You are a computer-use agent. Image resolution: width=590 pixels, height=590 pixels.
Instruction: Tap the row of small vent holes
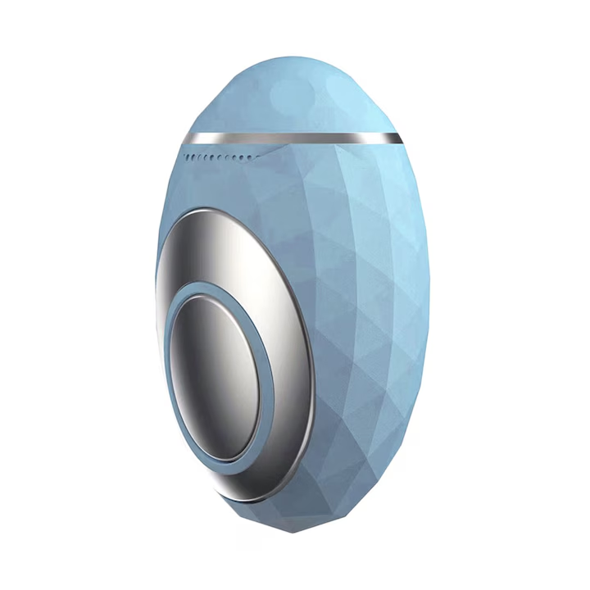click(x=217, y=156)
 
